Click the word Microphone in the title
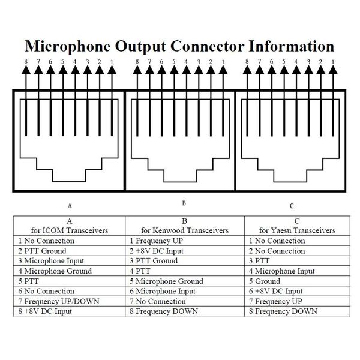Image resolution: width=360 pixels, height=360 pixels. click(x=68, y=47)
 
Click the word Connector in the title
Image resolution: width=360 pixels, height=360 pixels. click(x=208, y=46)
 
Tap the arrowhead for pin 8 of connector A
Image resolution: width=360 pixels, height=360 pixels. click(x=26, y=70)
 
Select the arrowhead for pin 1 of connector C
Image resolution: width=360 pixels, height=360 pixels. click(x=333, y=70)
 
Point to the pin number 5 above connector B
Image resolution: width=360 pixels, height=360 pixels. click(x=174, y=62)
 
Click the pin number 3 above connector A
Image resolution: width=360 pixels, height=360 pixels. click(x=88, y=62)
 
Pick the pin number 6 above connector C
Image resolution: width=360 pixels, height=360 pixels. click(x=272, y=62)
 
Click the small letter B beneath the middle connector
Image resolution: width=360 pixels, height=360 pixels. click(x=184, y=203)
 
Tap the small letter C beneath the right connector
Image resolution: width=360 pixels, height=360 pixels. click(x=292, y=206)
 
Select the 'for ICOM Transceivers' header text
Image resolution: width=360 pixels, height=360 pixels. click(x=70, y=230)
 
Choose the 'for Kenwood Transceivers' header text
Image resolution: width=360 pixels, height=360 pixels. click(x=185, y=230)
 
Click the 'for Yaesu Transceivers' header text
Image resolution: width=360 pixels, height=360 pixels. click(x=298, y=230)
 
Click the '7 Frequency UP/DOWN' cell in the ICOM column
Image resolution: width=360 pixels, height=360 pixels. click(x=59, y=301)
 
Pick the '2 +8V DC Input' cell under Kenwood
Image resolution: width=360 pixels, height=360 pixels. click(x=157, y=251)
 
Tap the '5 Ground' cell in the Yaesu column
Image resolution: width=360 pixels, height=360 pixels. click(x=265, y=281)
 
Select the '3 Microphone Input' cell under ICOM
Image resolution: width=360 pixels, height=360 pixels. click(x=51, y=261)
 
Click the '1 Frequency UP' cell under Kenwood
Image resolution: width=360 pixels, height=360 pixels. click(x=156, y=241)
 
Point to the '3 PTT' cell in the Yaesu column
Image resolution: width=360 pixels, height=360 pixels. click(x=259, y=261)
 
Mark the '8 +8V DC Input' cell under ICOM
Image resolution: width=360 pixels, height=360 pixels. click(x=45, y=311)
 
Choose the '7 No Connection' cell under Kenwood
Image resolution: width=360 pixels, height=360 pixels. click(x=157, y=301)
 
